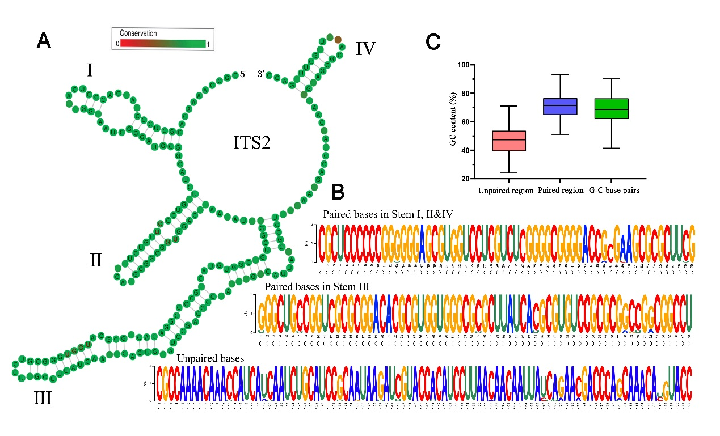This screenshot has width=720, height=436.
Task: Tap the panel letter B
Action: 338,192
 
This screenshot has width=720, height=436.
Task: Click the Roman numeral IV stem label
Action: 365,49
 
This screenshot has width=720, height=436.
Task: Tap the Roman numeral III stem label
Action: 43,398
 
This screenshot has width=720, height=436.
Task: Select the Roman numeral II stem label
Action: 96,260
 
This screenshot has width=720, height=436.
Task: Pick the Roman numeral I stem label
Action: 90,70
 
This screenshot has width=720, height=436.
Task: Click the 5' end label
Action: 243,74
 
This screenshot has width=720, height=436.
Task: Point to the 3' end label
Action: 262,74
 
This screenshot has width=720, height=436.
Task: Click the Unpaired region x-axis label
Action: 506,191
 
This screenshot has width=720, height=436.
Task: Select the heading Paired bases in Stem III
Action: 317,287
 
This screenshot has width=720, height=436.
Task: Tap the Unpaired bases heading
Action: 210,358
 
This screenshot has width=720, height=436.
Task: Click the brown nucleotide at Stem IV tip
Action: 338,39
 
